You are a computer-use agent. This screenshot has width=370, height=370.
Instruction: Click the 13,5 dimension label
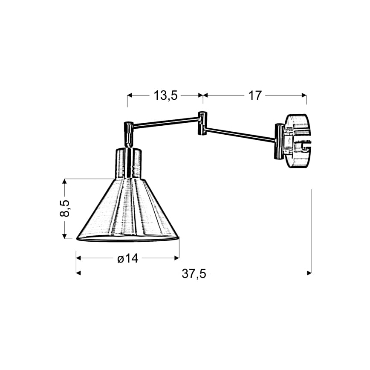tap(165, 95)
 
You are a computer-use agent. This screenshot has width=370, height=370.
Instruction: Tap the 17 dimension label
tap(255, 95)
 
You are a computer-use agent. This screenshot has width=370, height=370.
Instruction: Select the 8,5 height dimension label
tap(65, 208)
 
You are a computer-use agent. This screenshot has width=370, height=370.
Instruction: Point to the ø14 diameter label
tap(127, 258)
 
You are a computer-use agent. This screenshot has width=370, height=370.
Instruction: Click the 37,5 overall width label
tap(194, 274)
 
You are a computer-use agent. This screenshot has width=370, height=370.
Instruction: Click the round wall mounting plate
tap(298, 141)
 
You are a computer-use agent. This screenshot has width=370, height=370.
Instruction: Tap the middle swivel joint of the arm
tap(202, 123)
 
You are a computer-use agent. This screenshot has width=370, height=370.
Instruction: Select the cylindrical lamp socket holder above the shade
tap(128, 163)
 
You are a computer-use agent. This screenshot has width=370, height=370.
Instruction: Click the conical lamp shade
tap(127, 210)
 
